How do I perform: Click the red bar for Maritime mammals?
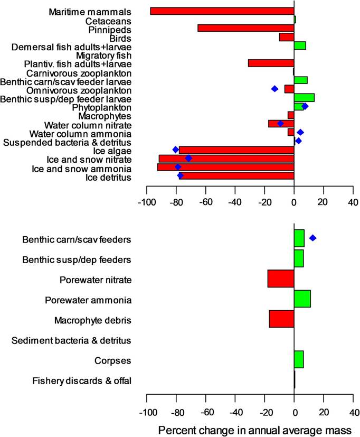[222, 11]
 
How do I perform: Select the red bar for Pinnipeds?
[245, 29]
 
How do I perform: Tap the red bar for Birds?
[287, 37]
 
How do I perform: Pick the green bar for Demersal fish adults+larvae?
[300, 45]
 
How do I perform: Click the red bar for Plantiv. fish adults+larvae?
[271, 63]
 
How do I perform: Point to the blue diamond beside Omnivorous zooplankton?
[274, 89]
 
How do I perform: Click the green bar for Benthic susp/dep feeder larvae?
[304, 98]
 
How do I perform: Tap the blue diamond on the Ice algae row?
[176, 150]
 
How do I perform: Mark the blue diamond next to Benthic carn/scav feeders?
[313, 238]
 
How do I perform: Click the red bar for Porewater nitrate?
[281, 278]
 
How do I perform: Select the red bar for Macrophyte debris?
[281, 319]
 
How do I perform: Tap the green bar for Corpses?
[299, 360]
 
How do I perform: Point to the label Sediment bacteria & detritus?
[71, 340]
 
